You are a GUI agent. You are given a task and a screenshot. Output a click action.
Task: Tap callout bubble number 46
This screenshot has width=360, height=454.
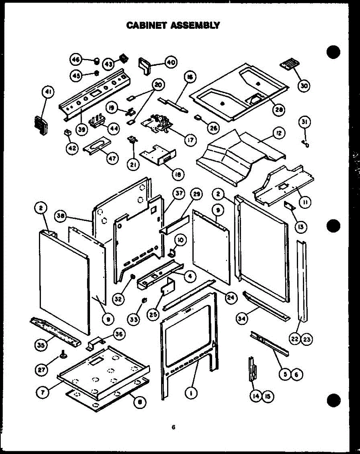click(x=76, y=60)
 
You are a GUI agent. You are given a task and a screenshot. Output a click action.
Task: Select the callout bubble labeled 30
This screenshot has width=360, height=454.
click(x=304, y=86)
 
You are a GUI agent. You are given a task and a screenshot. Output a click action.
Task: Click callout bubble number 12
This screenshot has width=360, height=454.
click(x=279, y=133)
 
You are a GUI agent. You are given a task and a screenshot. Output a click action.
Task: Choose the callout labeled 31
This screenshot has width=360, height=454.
click(x=304, y=121)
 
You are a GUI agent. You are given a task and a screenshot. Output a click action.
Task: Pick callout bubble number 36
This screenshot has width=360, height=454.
click(x=119, y=334)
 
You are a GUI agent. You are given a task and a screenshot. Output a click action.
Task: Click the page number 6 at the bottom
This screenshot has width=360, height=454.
click(x=173, y=427)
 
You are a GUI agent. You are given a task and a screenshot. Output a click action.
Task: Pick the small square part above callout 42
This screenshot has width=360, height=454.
click(x=67, y=133)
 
